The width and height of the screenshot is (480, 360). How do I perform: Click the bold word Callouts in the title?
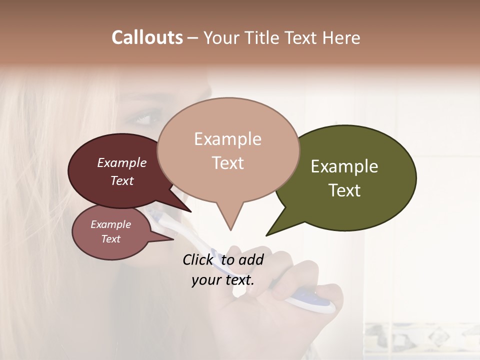pyautogui.click(x=147, y=37)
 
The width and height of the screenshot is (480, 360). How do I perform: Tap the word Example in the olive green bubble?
pyautogui.click(x=344, y=166)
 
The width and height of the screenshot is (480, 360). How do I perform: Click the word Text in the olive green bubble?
pyautogui.click(x=344, y=190)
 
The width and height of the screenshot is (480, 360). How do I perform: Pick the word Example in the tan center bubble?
pyautogui.click(x=227, y=139)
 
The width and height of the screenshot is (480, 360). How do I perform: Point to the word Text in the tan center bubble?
pyautogui.click(x=227, y=163)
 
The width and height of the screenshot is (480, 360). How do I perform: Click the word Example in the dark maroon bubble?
pyautogui.click(x=122, y=162)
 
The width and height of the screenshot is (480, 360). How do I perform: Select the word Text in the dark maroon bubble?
pyautogui.click(x=122, y=180)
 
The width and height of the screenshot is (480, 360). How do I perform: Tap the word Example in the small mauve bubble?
pyautogui.click(x=110, y=224)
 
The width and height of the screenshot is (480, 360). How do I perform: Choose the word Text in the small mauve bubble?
pyautogui.click(x=110, y=239)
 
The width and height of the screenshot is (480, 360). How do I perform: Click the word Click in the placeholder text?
pyautogui.click(x=199, y=259)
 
